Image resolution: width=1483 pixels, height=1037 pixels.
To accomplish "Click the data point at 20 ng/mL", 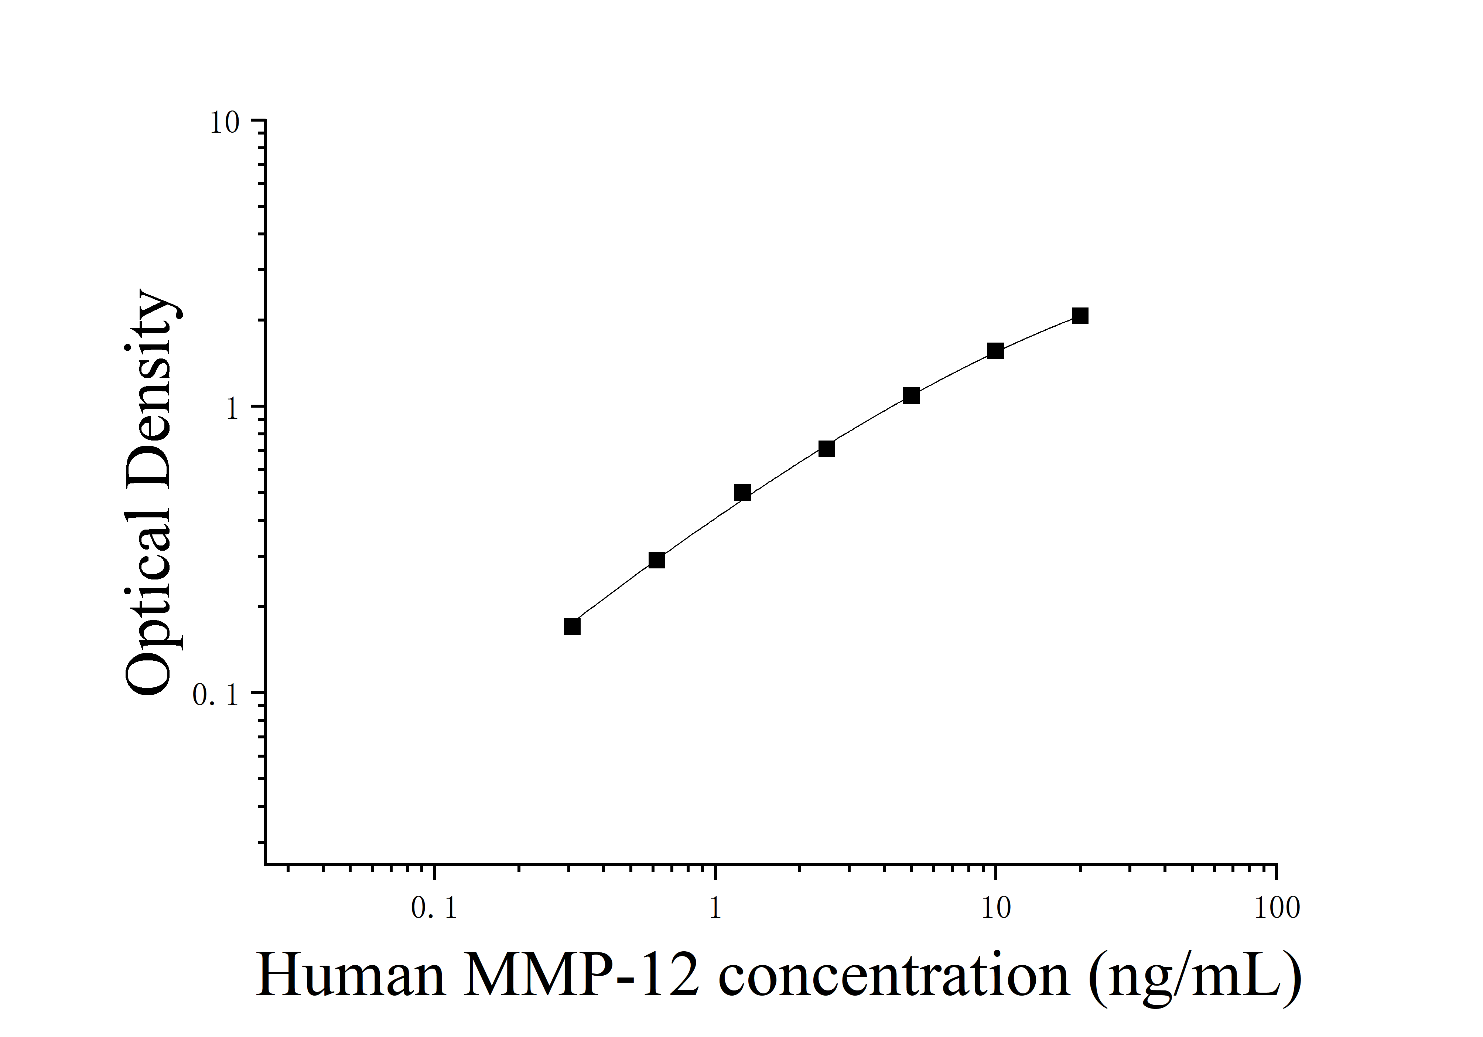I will (x=1080, y=316).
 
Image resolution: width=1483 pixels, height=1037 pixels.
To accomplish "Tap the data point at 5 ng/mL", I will (x=911, y=395).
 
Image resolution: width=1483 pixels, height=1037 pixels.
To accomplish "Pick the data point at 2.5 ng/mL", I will (x=827, y=448).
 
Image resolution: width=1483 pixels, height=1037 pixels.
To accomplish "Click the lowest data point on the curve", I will (x=572, y=627).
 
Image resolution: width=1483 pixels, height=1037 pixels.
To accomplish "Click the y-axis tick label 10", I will (x=224, y=123).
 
